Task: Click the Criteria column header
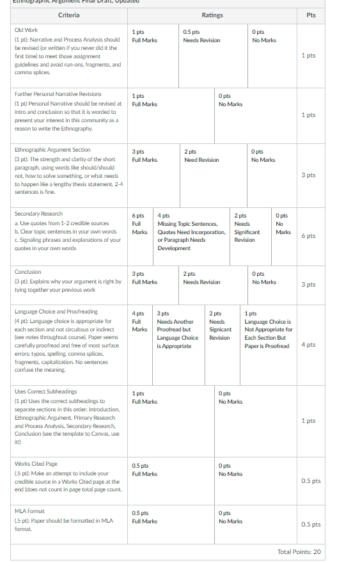click(x=69, y=15)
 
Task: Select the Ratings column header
click(x=212, y=15)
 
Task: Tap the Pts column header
click(x=311, y=15)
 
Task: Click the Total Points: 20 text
click(x=299, y=551)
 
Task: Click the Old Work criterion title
click(x=26, y=30)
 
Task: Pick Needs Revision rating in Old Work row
click(x=201, y=40)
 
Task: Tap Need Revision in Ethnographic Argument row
click(x=201, y=160)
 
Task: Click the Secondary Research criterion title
click(x=38, y=214)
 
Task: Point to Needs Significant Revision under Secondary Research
click(x=246, y=232)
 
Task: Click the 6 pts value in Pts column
click(x=308, y=236)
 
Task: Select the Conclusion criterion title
click(x=27, y=272)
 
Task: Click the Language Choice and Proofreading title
click(x=56, y=312)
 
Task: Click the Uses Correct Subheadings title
click(x=45, y=391)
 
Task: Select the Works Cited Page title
click(x=36, y=464)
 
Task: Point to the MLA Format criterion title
click(x=29, y=511)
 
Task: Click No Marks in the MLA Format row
click(x=230, y=521)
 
